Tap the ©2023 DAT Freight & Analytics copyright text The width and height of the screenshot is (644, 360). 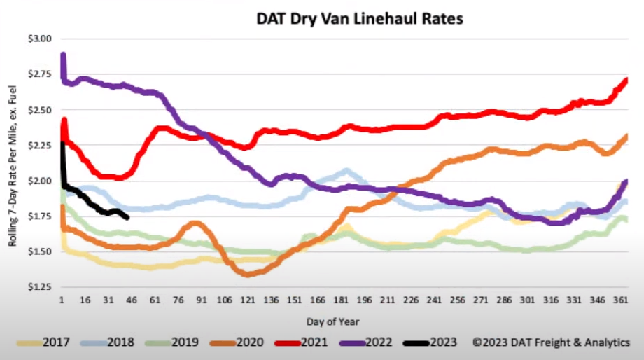click(x=550, y=342)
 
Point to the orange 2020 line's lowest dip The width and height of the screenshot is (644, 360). click(x=248, y=274)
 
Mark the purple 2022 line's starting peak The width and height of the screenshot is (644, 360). click(x=63, y=55)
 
